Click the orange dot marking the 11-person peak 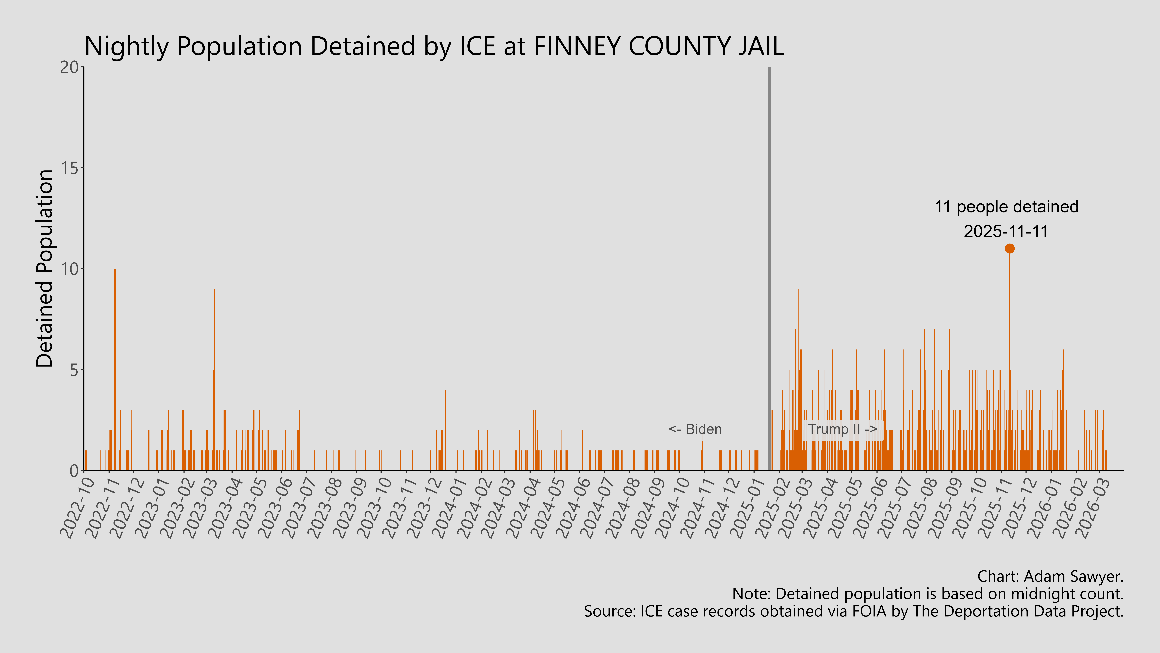1010,248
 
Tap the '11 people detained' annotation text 1006,207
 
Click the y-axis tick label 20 69,67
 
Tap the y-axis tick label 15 69,168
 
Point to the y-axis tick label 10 69,269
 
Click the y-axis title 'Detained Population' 45,269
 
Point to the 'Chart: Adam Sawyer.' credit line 1050,576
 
